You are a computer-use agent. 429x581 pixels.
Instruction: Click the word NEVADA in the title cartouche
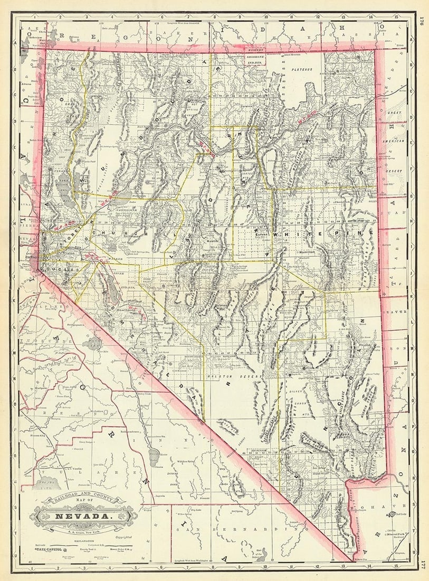(x=84, y=513)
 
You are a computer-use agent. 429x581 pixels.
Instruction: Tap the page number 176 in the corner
(x=422, y=21)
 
